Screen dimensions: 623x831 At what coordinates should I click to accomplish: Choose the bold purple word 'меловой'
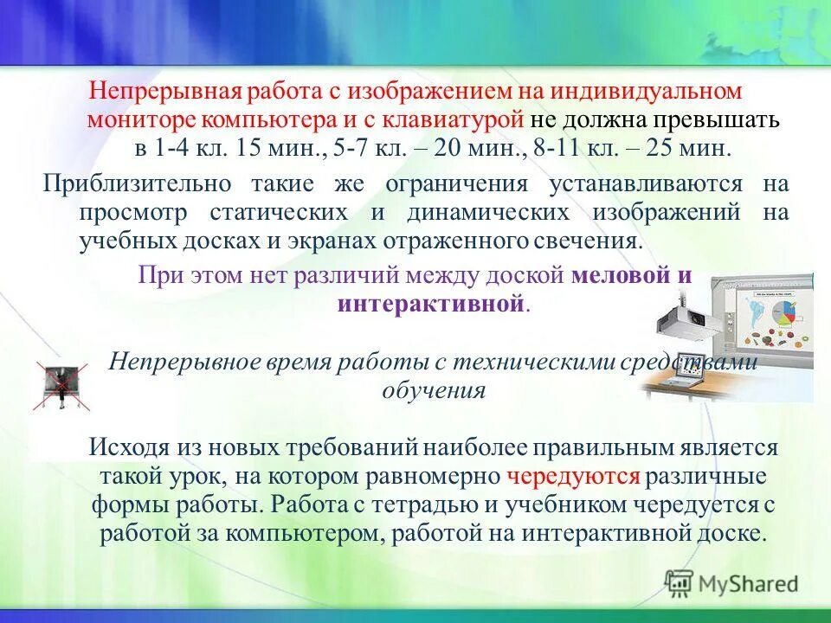click(x=621, y=276)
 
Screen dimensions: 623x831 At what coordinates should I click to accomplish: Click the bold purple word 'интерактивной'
click(x=430, y=304)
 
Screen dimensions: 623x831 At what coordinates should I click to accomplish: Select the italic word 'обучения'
click(x=433, y=389)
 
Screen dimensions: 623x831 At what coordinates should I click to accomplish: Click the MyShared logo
click(x=731, y=583)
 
